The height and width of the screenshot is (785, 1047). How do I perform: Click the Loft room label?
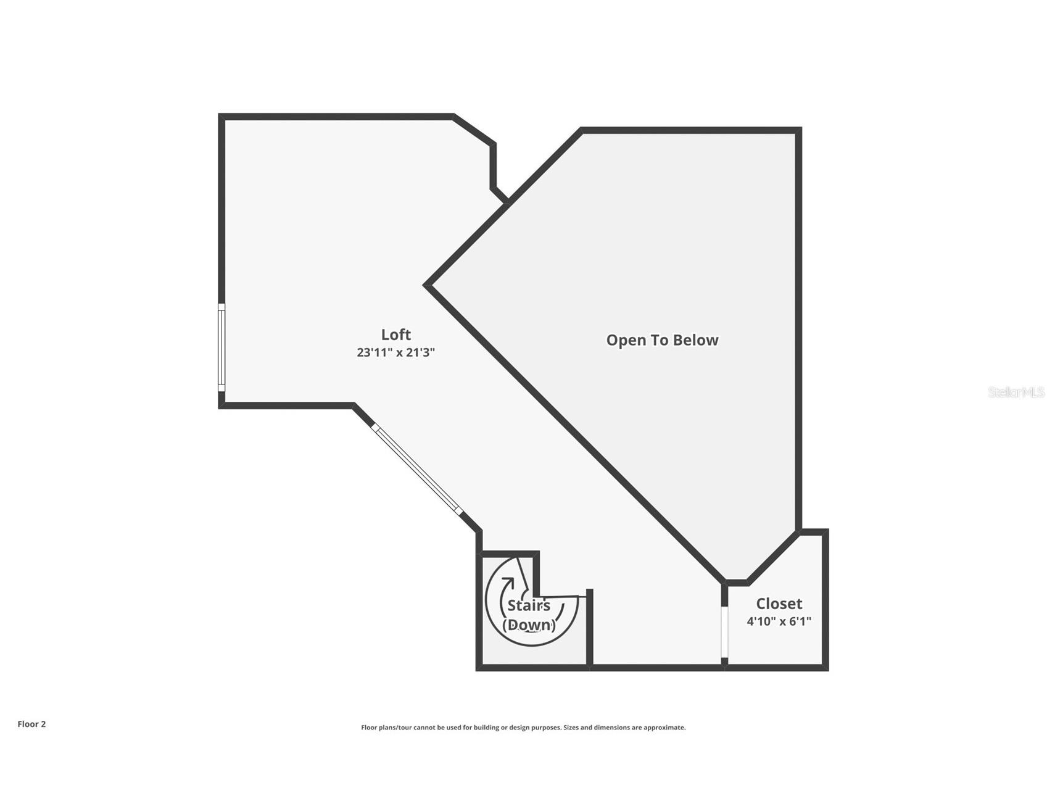395,334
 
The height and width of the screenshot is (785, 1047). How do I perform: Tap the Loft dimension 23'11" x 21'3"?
395,352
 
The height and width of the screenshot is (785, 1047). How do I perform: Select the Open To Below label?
662,340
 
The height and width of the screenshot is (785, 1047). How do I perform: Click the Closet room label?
779,604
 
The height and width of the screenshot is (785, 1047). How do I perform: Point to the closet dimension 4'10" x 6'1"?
779,621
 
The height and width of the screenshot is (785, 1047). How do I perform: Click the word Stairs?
529,606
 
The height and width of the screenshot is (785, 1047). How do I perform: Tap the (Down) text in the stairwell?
529,625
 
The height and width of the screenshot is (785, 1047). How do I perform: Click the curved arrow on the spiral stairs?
507,584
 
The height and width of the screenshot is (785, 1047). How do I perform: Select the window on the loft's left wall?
221,347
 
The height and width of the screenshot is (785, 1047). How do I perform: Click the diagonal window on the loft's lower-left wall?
416,468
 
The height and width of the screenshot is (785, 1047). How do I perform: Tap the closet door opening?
725,633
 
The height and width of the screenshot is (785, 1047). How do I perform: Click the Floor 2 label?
31,724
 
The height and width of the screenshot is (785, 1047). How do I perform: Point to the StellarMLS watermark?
1016,392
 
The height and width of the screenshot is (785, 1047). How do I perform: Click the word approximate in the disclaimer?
664,728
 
